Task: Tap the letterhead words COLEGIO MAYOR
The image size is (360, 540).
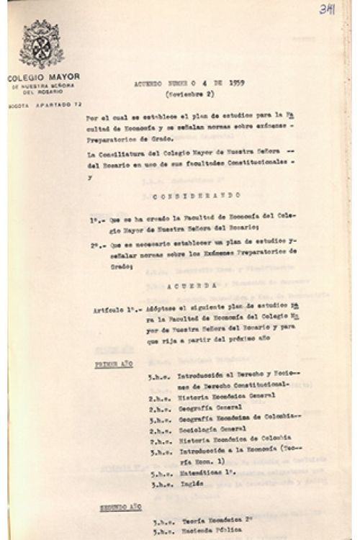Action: coord(43,76)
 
